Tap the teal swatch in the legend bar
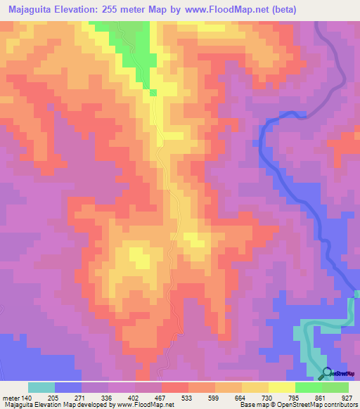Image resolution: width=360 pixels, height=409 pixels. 41,387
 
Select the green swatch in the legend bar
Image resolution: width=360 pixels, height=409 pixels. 308,387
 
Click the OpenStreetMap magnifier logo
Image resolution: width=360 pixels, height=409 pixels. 326,372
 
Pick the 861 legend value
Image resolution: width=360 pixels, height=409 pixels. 320,397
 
